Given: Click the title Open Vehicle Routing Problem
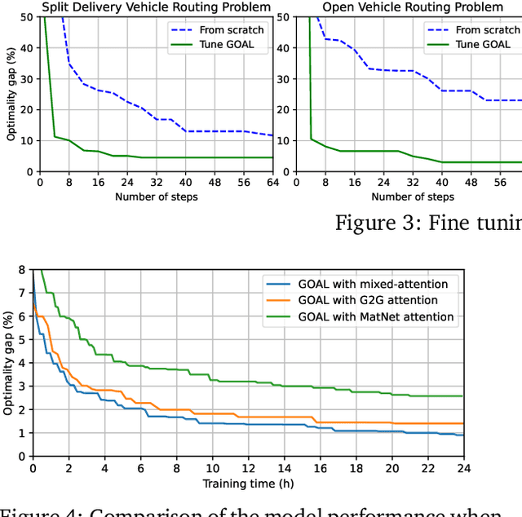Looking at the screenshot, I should point(413,7).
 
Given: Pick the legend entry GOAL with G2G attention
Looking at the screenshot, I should point(361,300).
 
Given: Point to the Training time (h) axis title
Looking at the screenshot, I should point(248,484).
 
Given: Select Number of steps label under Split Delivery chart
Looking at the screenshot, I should point(156,197).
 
